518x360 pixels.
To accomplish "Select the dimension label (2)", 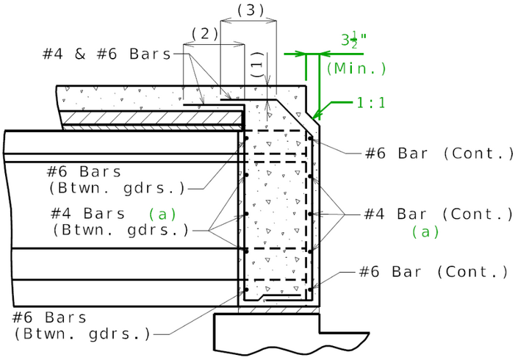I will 205,34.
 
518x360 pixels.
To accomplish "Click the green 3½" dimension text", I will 356,40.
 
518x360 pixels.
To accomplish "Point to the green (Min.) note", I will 356,68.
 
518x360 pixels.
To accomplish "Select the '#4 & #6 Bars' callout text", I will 106,54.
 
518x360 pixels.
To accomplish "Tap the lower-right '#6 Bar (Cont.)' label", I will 434,272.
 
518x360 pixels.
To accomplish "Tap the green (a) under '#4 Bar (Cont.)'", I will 425,231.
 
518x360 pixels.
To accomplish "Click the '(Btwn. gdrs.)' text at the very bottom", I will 81,334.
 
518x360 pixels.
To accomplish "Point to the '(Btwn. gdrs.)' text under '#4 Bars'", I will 120,230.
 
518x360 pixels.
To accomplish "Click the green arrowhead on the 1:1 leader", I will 316,115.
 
